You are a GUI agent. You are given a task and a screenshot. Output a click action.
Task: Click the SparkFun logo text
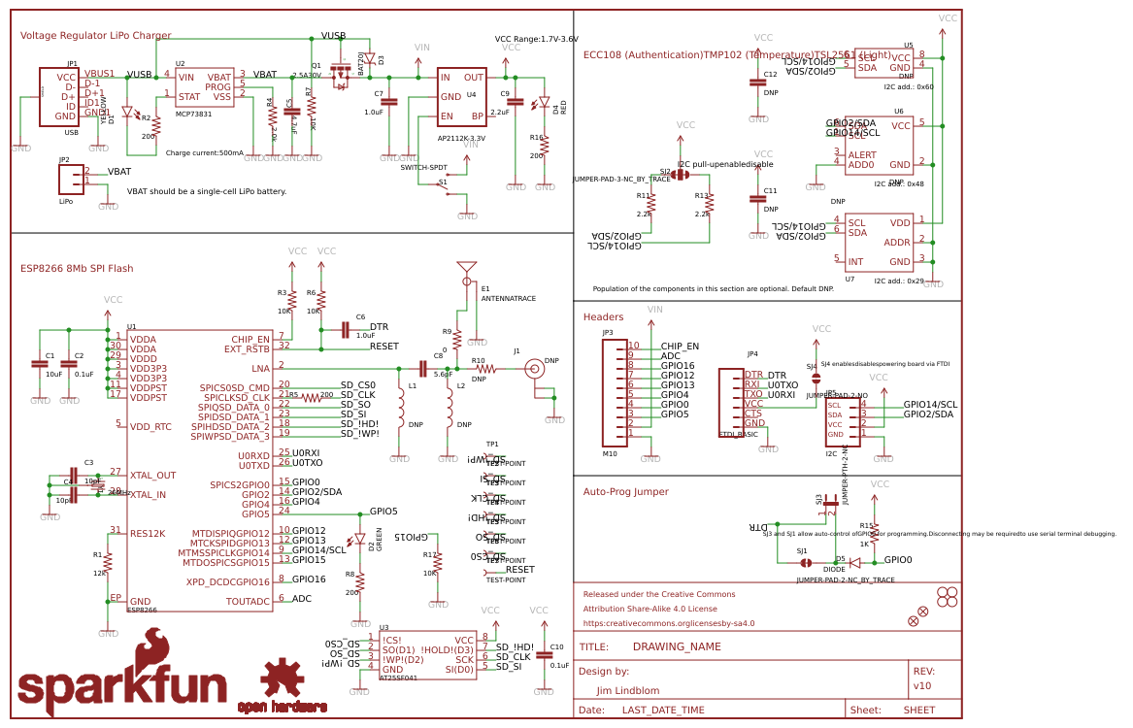point(122,683)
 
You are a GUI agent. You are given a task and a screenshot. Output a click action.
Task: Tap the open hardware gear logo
point(282,685)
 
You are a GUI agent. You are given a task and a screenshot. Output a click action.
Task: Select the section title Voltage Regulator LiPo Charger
point(95,36)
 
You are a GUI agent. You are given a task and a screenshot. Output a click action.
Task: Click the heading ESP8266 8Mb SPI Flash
point(77,268)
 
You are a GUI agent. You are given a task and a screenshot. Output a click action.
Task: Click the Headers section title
point(603,316)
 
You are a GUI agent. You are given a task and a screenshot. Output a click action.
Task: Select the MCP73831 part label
point(193,114)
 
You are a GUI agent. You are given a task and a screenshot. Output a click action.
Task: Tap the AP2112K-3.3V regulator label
point(461,139)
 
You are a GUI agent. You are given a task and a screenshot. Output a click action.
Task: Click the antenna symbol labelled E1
point(467,267)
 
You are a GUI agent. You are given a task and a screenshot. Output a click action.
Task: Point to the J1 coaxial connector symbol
point(534,368)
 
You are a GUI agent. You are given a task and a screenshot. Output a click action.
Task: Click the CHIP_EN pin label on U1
point(250,339)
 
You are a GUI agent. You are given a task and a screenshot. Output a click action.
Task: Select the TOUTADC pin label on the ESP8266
point(248,601)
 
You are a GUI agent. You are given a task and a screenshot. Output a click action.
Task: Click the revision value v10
point(921,686)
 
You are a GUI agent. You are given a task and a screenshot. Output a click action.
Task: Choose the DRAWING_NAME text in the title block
point(677,646)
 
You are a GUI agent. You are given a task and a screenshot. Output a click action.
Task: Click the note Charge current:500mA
point(205,152)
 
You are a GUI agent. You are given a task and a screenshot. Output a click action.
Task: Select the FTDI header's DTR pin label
point(753,375)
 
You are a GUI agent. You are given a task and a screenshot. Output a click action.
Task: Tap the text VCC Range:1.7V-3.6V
point(536,39)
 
